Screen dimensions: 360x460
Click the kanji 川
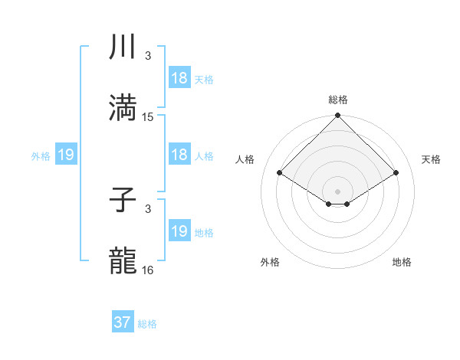(123, 47)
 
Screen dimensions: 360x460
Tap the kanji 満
(123, 108)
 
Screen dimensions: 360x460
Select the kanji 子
(123, 200)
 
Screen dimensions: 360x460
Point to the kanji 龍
(123, 261)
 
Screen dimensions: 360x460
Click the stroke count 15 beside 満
(148, 117)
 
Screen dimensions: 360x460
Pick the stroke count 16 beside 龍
(148, 270)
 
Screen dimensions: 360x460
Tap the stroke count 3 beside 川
(148, 56)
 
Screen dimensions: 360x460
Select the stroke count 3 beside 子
(148, 209)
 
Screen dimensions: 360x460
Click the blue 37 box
(123, 322)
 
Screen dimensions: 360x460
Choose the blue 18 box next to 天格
(179, 78)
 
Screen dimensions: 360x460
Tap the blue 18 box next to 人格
(179, 155)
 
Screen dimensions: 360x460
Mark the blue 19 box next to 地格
(179, 231)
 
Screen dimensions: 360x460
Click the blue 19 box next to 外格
(66, 155)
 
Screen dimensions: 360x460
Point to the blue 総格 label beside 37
(147, 324)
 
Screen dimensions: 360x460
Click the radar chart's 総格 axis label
(338, 100)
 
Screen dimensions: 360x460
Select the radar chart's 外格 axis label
(270, 262)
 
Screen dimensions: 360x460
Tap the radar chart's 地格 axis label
(402, 262)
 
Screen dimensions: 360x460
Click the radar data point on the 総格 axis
(337, 116)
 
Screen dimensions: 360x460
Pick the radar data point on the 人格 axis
(280, 172)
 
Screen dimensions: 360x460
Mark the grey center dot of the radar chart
(337, 191)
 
